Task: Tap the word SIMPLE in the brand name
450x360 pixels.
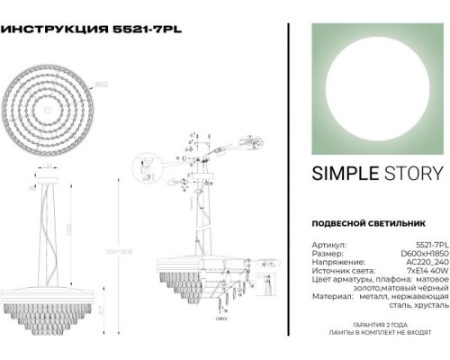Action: click(x=337, y=174)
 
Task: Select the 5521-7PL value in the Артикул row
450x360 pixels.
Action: click(x=427, y=244)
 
